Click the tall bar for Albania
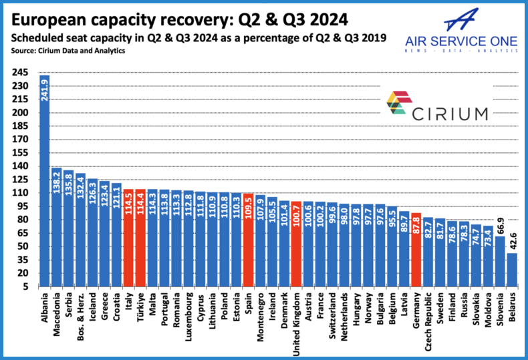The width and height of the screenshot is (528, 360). point(45,180)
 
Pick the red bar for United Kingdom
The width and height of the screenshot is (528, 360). point(296,244)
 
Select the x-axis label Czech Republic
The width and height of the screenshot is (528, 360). point(428,318)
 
